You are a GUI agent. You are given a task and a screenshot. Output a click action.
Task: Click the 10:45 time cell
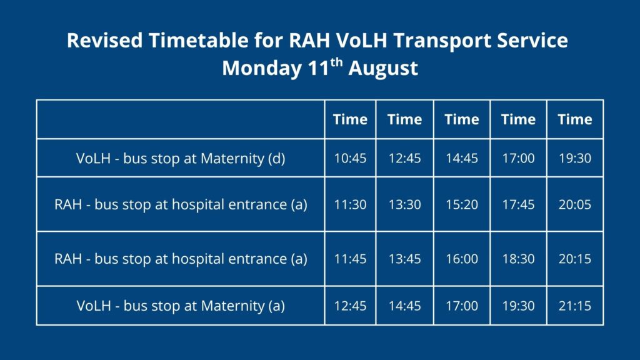[x=350, y=158]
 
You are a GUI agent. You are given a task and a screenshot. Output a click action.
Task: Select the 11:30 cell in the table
[x=350, y=204]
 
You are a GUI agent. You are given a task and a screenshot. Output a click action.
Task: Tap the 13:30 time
[x=404, y=204]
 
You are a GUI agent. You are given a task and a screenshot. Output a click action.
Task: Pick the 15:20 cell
[x=462, y=204]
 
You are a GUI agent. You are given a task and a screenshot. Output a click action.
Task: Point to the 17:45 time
[x=518, y=204]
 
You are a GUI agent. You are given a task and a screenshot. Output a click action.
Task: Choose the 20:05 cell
[x=575, y=204]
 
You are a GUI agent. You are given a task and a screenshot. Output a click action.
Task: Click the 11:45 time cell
[x=350, y=258]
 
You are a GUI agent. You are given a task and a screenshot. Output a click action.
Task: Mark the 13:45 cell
[x=404, y=258]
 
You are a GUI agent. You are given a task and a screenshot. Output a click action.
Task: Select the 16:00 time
[x=462, y=258]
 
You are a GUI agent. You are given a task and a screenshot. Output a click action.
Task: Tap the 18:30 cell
[x=518, y=258]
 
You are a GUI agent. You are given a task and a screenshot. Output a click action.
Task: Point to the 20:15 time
[x=575, y=258]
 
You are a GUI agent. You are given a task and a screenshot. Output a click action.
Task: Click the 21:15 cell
[x=575, y=306]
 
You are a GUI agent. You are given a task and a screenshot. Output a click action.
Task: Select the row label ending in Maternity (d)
[x=181, y=158]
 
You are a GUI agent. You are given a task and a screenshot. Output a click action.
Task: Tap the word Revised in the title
[x=105, y=41]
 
